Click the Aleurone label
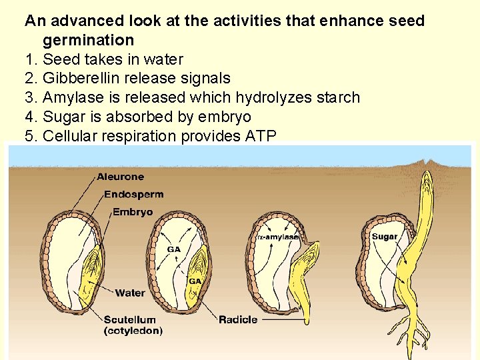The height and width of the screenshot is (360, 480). (x=120, y=177)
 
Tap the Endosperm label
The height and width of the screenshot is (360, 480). (x=133, y=195)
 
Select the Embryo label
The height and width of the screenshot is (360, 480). (x=132, y=212)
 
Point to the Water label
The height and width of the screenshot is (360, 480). (x=130, y=293)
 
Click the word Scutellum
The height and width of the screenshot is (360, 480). (x=129, y=320)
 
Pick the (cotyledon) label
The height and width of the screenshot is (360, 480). (x=133, y=330)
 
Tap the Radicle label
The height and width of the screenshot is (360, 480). (x=238, y=320)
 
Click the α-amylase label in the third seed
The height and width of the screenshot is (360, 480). (x=277, y=237)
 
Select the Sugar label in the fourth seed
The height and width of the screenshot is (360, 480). (x=385, y=237)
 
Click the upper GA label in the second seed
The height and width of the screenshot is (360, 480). (x=173, y=249)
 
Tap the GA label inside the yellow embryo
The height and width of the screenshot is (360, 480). (x=195, y=281)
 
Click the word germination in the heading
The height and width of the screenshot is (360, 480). (x=88, y=41)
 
